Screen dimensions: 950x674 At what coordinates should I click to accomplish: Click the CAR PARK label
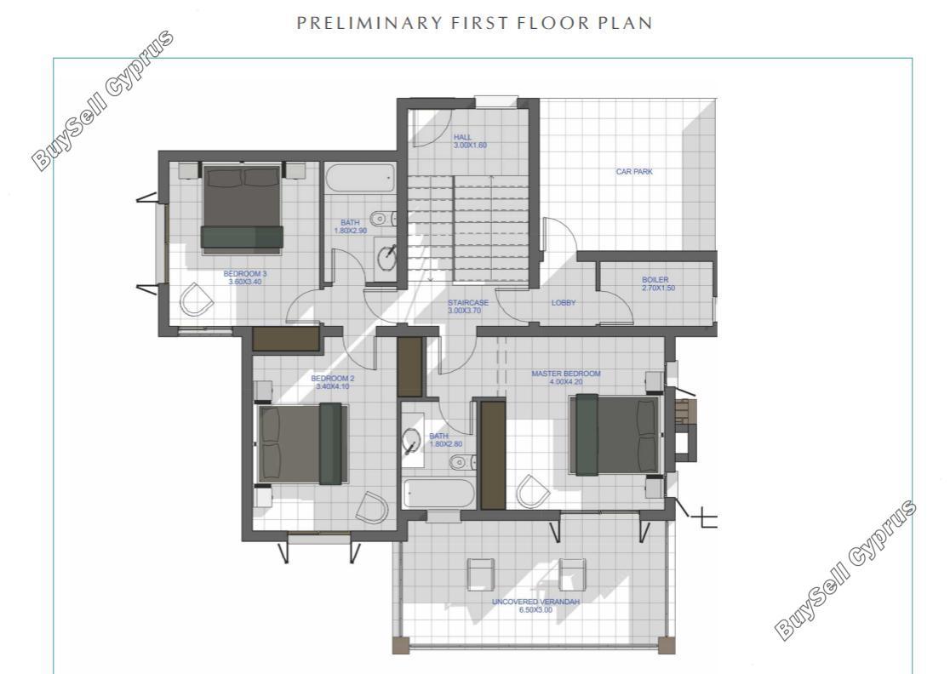coord(634,172)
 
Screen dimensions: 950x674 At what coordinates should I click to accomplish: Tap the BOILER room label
coord(657,284)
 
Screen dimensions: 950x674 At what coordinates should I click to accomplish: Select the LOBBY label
coord(564,303)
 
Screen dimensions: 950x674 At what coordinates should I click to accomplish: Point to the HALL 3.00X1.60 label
coord(470,141)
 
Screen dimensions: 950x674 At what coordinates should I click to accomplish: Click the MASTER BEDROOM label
coord(566,378)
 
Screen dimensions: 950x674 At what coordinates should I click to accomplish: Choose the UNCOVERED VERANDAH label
coord(535,606)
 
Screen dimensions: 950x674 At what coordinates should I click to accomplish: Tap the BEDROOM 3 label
coord(245,277)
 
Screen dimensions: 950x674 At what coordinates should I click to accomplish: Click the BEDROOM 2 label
coord(333,382)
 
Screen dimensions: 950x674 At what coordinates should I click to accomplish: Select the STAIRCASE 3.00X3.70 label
coord(467,306)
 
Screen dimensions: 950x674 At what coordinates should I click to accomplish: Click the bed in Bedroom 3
coord(243,207)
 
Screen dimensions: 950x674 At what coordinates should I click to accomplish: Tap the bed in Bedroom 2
coord(302,444)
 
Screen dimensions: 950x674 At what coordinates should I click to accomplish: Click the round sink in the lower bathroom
coord(411,439)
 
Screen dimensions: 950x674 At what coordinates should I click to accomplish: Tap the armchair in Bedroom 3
coord(197,300)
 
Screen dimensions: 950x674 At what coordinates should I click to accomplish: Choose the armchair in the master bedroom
coord(533,491)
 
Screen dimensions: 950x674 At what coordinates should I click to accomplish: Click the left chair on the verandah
coord(480,574)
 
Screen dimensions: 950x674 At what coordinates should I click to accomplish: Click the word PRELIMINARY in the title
coord(369,23)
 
